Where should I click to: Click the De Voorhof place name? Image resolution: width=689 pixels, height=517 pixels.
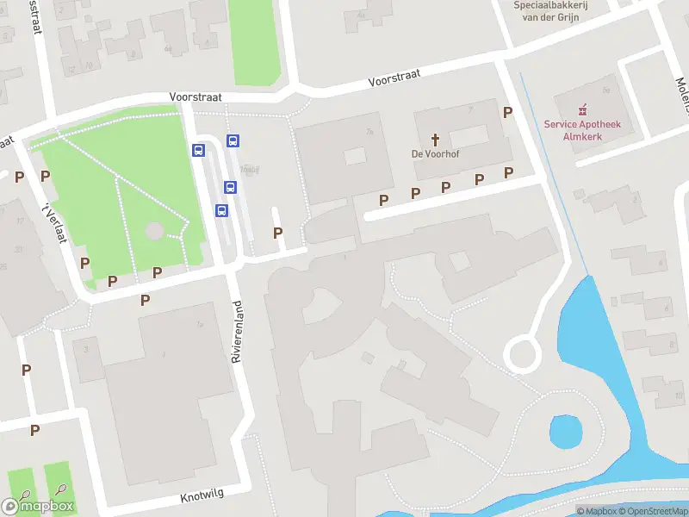point(435,155)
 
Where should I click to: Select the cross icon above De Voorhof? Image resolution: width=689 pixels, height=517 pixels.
point(435,139)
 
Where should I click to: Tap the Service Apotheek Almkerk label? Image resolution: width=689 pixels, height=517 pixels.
point(588,130)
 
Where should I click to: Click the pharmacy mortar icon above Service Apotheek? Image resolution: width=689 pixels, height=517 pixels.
point(583,109)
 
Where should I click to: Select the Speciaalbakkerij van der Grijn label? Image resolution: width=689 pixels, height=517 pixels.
point(550,10)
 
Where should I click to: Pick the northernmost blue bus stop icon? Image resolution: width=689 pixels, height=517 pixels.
point(233,140)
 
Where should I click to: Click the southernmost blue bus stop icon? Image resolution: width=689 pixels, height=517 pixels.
point(221,209)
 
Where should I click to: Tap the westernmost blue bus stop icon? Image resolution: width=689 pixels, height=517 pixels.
point(198,150)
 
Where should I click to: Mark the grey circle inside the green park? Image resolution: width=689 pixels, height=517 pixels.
point(154,231)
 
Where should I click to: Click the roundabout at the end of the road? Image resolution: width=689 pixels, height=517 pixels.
point(523,354)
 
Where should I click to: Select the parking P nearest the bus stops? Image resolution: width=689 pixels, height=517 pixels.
point(277,233)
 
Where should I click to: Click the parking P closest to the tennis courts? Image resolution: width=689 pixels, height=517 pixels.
point(34,430)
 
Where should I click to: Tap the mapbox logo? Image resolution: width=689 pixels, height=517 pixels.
point(37,506)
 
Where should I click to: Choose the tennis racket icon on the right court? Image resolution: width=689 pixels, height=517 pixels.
point(60,490)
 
